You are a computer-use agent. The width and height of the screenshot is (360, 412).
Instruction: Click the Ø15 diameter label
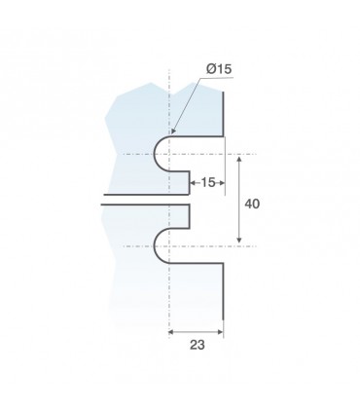click(x=219, y=69)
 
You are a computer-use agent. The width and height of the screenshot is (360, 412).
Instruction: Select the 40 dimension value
click(x=252, y=205)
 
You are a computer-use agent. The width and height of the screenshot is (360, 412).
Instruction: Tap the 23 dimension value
click(x=198, y=345)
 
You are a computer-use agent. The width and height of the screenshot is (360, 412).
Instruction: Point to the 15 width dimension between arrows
click(x=208, y=183)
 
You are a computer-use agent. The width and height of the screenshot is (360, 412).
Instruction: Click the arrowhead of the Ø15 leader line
click(x=173, y=131)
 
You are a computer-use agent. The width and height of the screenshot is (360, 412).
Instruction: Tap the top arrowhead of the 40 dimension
click(x=239, y=159)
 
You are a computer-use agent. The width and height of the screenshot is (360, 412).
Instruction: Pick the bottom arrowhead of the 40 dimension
click(x=239, y=240)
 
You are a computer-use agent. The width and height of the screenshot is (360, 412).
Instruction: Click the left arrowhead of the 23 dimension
click(x=171, y=332)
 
